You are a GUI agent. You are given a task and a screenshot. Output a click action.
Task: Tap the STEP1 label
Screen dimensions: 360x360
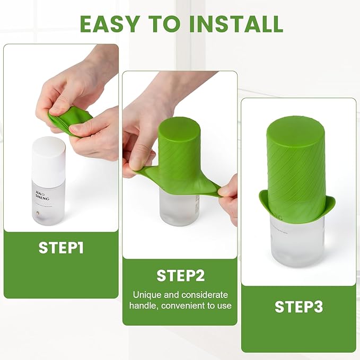(61, 248)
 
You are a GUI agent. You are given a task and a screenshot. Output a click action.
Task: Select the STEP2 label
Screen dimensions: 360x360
(180, 275)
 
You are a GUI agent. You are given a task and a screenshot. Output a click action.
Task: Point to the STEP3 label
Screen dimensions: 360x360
(298, 306)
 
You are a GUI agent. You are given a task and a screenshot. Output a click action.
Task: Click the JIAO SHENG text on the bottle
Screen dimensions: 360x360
(43, 182)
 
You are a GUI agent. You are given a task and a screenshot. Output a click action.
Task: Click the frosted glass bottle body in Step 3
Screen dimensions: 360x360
(296, 244)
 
